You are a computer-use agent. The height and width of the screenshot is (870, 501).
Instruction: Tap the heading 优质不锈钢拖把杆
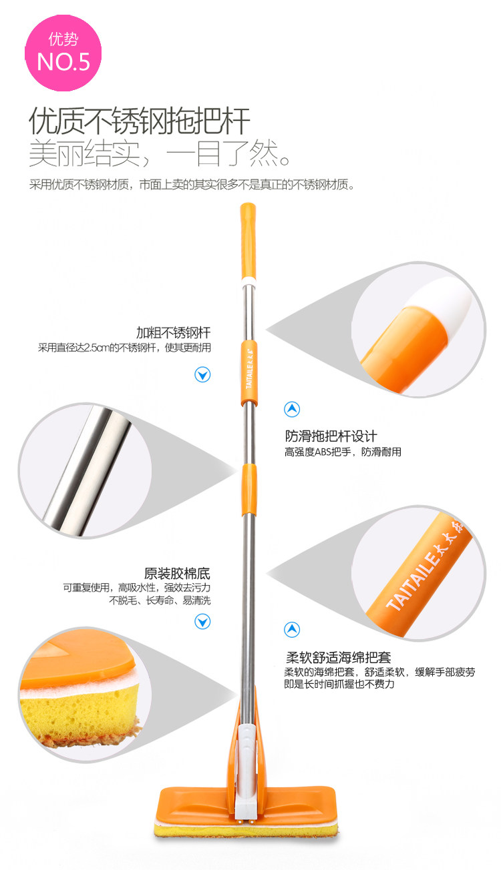(140, 122)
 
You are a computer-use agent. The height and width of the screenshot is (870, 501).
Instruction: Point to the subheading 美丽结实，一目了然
(160, 155)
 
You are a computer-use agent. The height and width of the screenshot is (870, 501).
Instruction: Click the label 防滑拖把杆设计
(331, 436)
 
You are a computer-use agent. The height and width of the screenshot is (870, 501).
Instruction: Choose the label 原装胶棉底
(178, 573)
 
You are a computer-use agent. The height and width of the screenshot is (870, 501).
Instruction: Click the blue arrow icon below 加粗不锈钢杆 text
(202, 374)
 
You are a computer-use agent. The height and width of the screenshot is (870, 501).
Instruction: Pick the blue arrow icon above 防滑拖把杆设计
(292, 409)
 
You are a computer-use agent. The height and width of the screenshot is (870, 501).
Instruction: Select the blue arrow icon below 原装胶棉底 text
(202, 622)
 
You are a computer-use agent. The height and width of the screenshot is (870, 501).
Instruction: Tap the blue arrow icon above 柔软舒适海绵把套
(292, 629)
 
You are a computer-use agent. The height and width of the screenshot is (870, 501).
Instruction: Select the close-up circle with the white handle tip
(419, 330)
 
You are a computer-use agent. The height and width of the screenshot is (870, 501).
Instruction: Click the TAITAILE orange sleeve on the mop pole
(248, 372)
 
